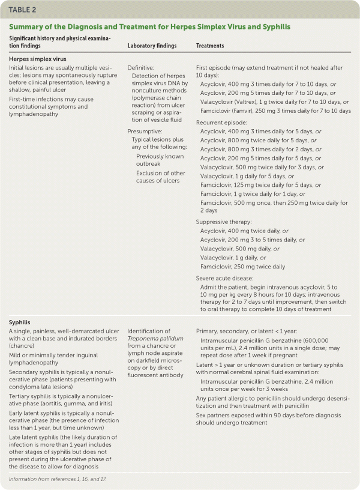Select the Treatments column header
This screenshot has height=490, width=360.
tap(210, 46)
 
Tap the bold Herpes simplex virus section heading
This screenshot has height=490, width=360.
tap(37, 59)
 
